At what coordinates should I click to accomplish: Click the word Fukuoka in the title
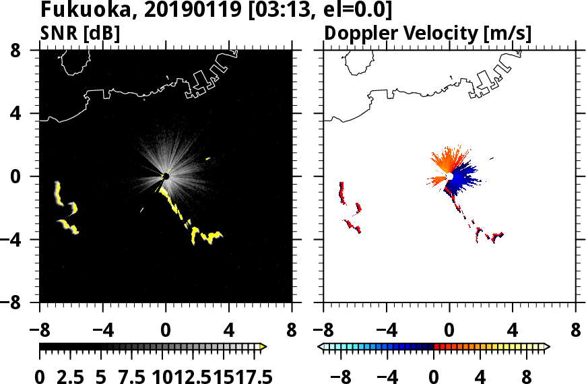(x=76, y=10)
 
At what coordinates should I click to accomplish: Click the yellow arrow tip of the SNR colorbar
(x=263, y=347)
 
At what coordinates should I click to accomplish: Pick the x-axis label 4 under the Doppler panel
(x=513, y=331)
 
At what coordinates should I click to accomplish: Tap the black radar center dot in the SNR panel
(x=165, y=177)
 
